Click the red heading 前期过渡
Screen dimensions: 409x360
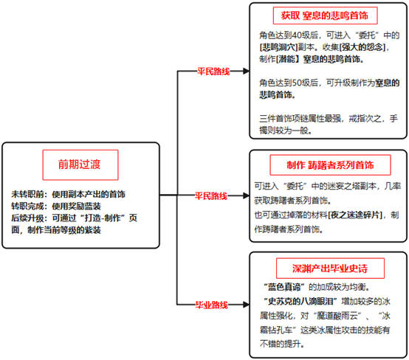[79, 165]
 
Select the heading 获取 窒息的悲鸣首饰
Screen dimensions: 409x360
[325, 15]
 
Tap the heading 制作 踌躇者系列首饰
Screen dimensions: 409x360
[330, 165]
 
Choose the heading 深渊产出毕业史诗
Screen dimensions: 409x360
[330, 269]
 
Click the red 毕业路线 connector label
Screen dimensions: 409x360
[212, 305]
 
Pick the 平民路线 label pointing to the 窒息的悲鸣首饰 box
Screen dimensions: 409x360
[213, 71]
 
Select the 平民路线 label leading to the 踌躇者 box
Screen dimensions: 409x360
[211, 195]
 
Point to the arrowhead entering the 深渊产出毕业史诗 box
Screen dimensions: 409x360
[246, 305]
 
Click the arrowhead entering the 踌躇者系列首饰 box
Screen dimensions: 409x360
[246, 195]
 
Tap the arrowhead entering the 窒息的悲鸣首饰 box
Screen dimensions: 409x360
[246, 71]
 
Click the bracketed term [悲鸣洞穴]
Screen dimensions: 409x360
[278, 47]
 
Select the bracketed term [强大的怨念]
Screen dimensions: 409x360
[362, 47]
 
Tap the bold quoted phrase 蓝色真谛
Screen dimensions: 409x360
[283, 287]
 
